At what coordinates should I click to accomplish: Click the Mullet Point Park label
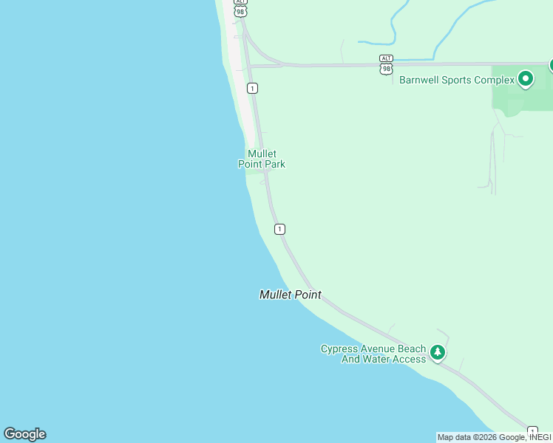pyautogui.click(x=261, y=159)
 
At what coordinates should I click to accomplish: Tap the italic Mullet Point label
pyautogui.click(x=290, y=295)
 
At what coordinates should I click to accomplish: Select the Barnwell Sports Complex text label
pyautogui.click(x=456, y=80)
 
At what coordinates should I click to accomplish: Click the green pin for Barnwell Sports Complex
pyautogui.click(x=526, y=78)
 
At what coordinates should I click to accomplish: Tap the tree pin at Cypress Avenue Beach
pyautogui.click(x=438, y=352)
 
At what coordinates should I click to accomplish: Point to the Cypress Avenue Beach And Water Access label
pyautogui.click(x=373, y=354)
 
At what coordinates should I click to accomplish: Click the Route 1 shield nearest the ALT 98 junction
pyautogui.click(x=253, y=88)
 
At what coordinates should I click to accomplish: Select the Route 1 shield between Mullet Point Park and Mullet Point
pyautogui.click(x=279, y=229)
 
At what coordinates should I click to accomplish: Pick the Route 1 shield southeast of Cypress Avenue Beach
pyautogui.click(x=532, y=430)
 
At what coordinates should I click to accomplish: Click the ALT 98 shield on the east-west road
pyautogui.click(x=386, y=64)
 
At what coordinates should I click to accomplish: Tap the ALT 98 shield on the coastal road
pyautogui.click(x=240, y=8)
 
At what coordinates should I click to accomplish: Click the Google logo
pyautogui.click(x=24, y=434)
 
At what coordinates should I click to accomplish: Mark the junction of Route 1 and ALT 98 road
pyautogui.click(x=250, y=66)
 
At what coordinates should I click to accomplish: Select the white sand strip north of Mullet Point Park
pyautogui.click(x=241, y=96)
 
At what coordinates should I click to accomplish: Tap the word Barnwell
pyautogui.click(x=422, y=80)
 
